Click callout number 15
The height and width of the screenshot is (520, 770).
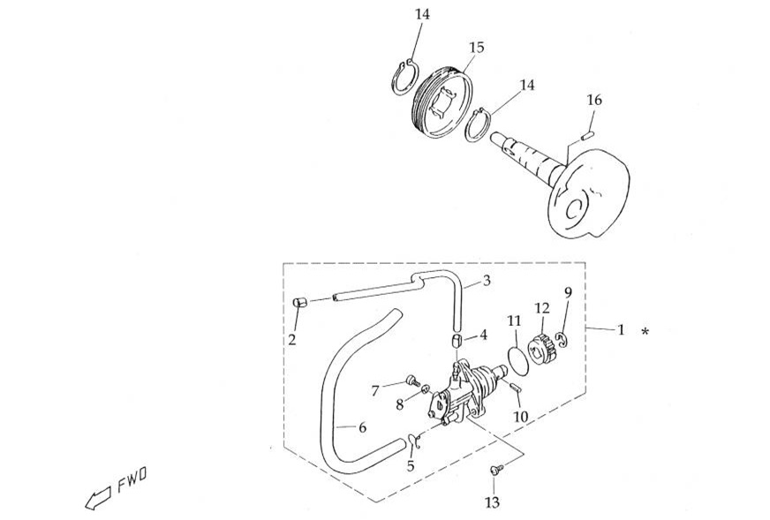476,47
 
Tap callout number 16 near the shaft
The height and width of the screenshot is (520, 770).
594,101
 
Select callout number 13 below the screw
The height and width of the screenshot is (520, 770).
492,502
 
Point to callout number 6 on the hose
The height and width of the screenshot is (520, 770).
362,427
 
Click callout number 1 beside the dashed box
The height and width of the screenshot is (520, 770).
621,330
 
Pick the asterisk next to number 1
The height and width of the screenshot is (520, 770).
647,332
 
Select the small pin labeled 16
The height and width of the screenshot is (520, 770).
589,135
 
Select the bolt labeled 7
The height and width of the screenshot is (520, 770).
411,381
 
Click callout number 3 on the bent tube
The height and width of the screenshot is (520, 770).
487,282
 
